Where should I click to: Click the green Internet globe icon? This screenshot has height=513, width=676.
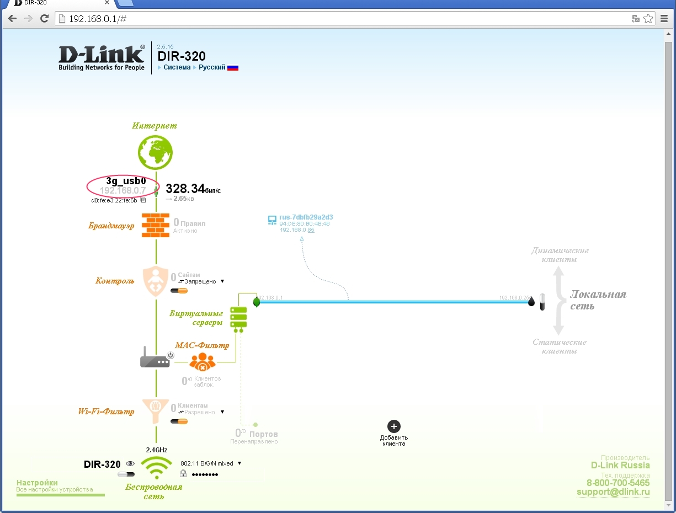pyautogui.click(x=155, y=152)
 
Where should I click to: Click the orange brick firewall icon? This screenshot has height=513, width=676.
pyautogui.click(x=156, y=225)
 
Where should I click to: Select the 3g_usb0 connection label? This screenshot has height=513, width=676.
pyautogui.click(x=126, y=181)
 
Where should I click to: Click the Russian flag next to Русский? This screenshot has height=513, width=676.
pyautogui.click(x=233, y=68)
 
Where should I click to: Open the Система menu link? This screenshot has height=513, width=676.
pyautogui.click(x=177, y=67)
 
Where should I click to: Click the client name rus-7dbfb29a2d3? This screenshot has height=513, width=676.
pyautogui.click(x=306, y=217)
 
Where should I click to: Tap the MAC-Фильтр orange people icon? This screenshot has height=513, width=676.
pyautogui.click(x=202, y=362)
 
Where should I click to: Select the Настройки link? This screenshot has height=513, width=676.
pyautogui.click(x=37, y=483)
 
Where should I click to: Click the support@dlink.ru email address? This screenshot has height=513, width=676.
pyautogui.click(x=613, y=492)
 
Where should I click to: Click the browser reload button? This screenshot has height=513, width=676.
pyautogui.click(x=45, y=19)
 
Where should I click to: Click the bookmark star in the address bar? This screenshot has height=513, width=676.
pyautogui.click(x=648, y=19)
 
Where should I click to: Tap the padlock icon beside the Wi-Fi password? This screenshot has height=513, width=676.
pyautogui.click(x=183, y=473)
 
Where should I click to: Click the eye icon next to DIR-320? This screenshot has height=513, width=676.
pyautogui.click(x=130, y=464)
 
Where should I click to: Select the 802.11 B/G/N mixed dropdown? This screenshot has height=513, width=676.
pyautogui.click(x=211, y=463)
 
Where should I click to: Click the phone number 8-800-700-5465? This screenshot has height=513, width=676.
pyautogui.click(x=618, y=483)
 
